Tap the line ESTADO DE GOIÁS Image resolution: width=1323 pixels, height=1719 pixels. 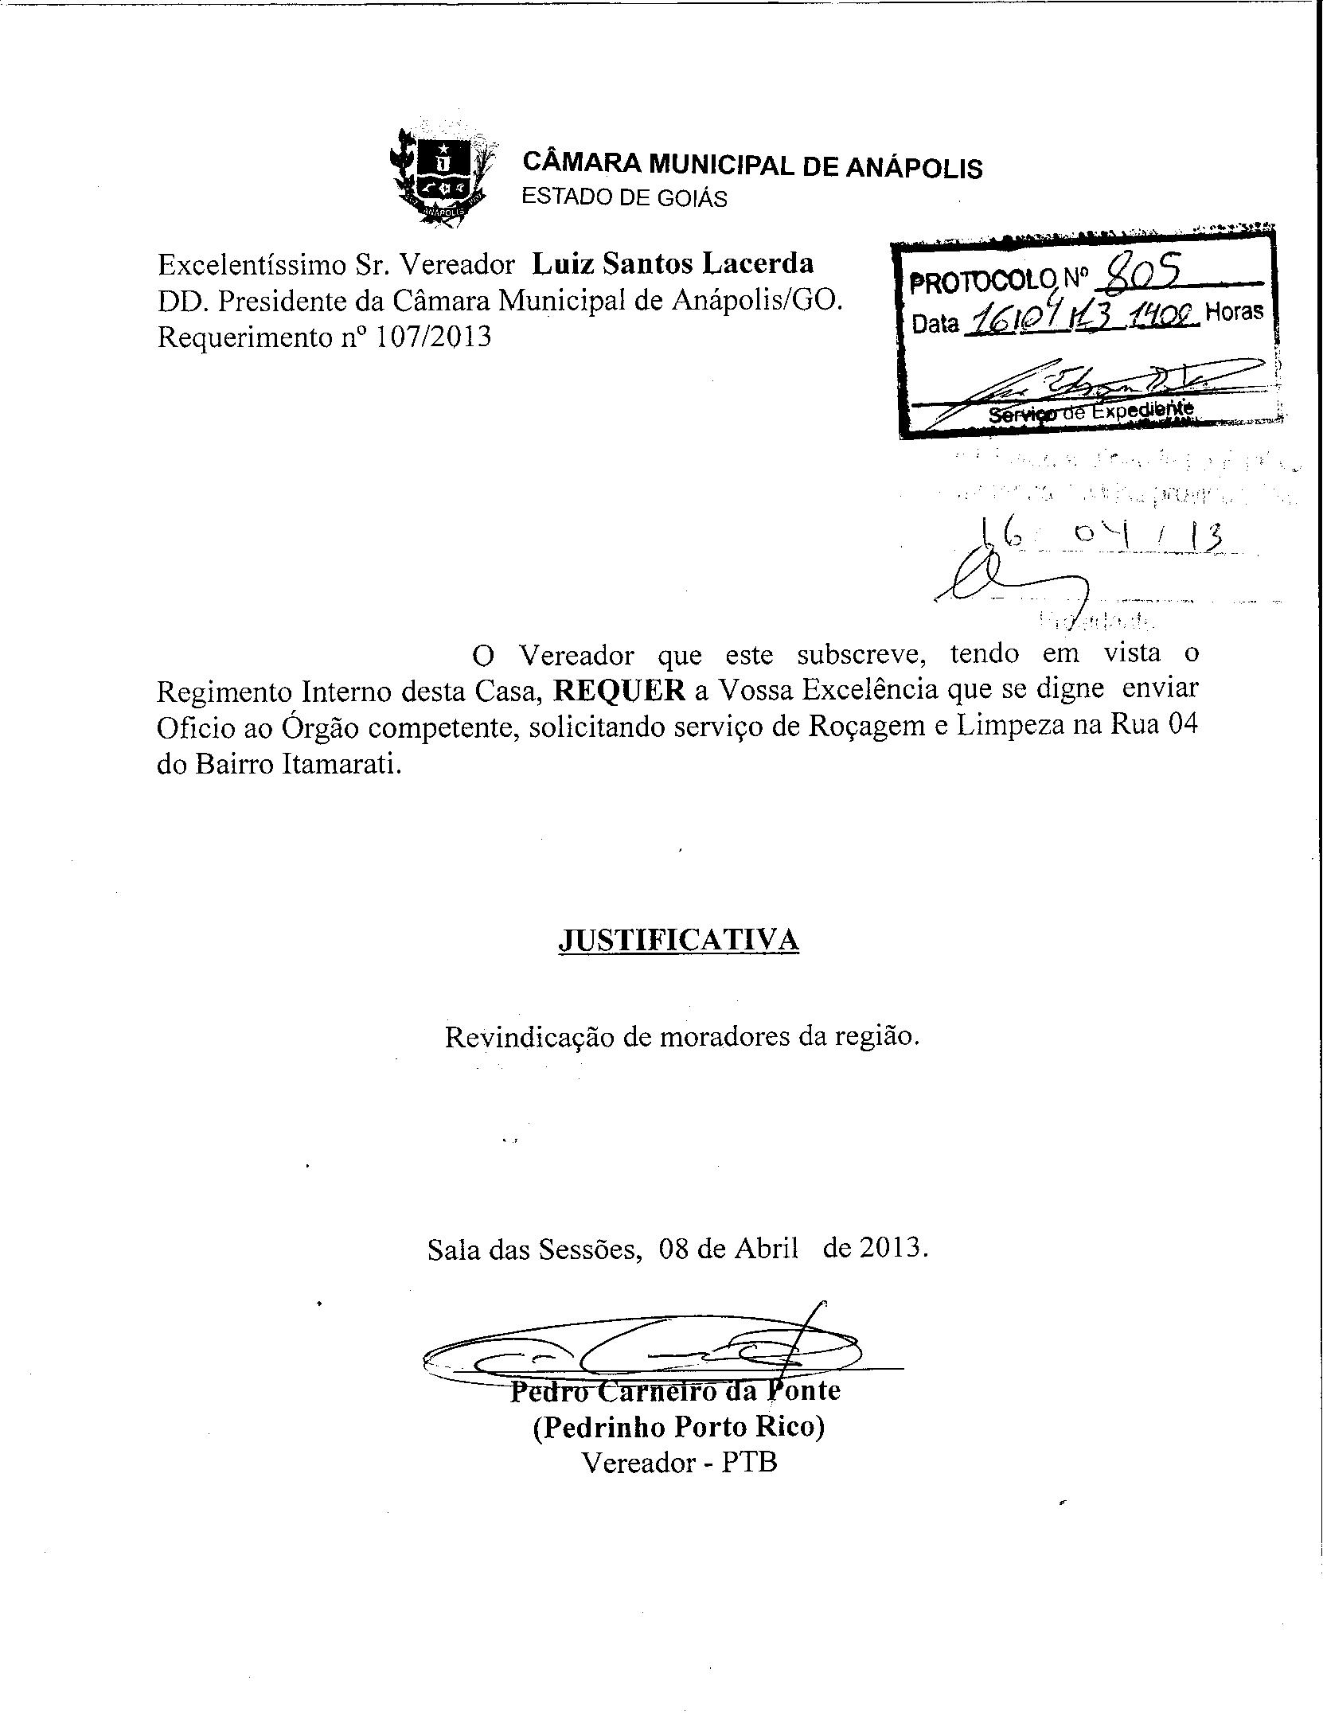[624, 198]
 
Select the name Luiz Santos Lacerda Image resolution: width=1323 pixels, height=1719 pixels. [673, 263]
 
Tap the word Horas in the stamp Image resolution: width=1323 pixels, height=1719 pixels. [1235, 311]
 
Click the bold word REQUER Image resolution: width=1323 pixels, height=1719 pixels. [619, 690]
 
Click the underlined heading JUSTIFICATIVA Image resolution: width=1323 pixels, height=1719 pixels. [678, 940]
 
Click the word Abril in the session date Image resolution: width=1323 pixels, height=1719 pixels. [766, 1247]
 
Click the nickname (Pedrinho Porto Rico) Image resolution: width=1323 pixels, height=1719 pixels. [678, 1427]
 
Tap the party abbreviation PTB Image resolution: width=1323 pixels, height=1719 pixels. [749, 1463]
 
